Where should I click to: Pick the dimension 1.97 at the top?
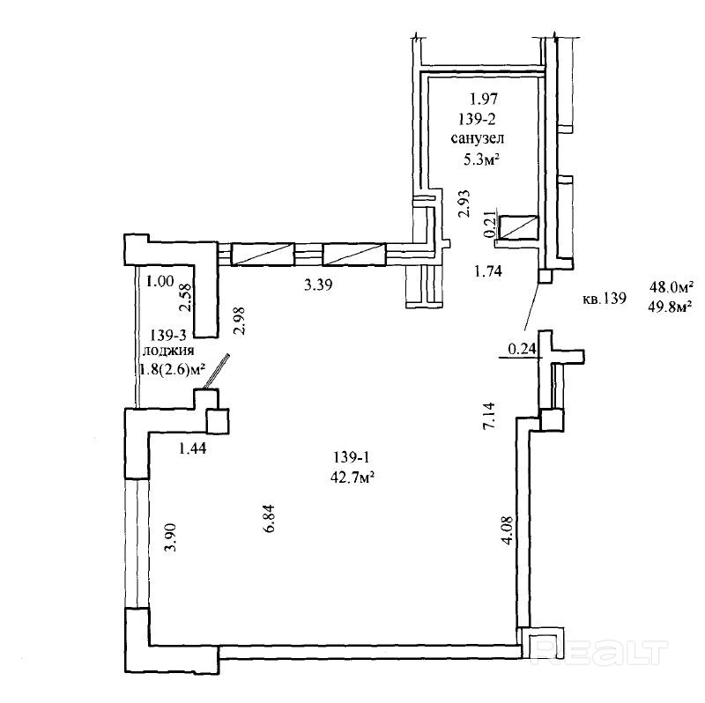coord(482,98)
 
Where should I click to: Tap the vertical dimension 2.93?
coord(462,203)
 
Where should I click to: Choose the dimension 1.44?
coord(193,448)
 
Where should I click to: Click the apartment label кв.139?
coord(604,298)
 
